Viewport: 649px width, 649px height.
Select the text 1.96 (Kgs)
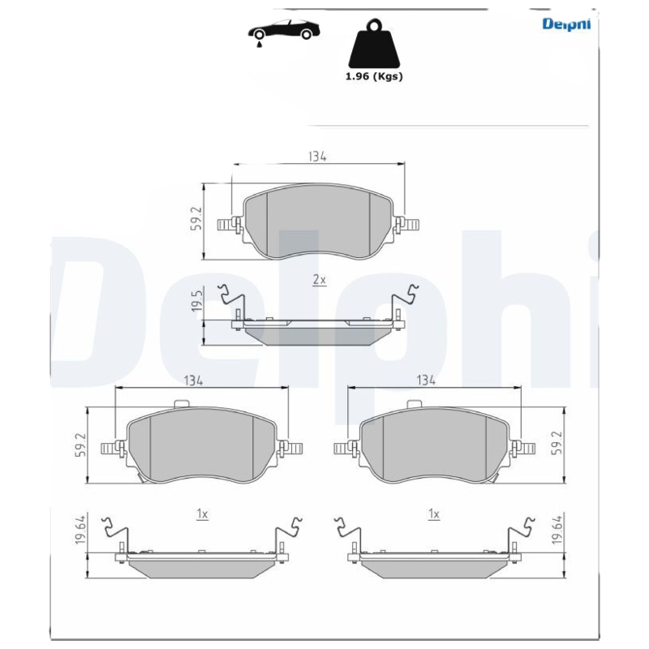click(x=374, y=76)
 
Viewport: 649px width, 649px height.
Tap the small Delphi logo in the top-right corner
click(x=565, y=24)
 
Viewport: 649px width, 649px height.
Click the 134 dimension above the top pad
click(x=317, y=157)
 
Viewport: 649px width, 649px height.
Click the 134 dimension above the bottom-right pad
click(x=427, y=380)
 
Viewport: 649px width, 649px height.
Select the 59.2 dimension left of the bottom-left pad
click(x=80, y=445)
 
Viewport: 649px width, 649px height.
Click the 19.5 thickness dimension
click(x=196, y=305)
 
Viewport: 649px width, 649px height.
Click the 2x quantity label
click(x=319, y=279)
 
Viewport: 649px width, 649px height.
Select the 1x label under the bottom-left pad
click(x=202, y=514)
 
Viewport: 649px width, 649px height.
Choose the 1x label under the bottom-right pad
click(x=434, y=514)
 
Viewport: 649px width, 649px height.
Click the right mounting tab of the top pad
click(x=408, y=224)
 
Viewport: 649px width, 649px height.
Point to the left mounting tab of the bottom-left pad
click(x=110, y=448)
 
